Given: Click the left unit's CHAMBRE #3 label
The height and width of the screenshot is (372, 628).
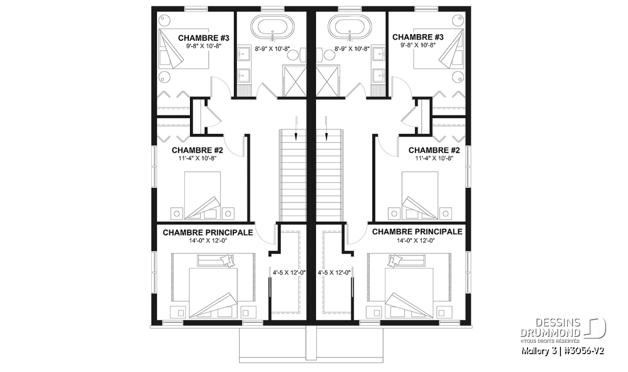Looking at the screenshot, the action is [x=204, y=38].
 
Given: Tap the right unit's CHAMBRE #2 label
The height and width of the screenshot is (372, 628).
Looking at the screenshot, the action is [x=434, y=150].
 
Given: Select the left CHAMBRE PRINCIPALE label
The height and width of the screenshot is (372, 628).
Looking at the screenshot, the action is [x=208, y=233].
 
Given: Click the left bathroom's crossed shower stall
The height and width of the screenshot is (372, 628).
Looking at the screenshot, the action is [x=294, y=81].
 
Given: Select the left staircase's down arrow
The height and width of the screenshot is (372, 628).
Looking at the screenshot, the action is [x=296, y=128].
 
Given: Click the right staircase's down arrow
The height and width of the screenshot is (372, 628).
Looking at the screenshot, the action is [x=326, y=128].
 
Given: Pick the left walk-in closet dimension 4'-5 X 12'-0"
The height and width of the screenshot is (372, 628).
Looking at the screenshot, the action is [x=289, y=272].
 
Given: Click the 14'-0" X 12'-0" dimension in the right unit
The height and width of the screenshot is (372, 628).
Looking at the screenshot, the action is [x=416, y=241].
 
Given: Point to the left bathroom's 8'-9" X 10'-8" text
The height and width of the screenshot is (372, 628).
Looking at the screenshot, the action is [x=272, y=49].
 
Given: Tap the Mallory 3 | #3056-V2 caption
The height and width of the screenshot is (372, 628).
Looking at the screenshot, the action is [x=563, y=351].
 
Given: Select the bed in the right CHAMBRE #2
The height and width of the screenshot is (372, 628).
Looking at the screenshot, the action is [x=420, y=195].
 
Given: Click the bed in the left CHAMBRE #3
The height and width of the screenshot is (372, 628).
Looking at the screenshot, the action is [x=184, y=49].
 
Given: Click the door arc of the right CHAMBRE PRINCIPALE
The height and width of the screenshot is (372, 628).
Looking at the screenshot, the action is [x=357, y=233].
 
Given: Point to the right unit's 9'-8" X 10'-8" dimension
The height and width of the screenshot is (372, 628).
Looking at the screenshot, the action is [x=418, y=45].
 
